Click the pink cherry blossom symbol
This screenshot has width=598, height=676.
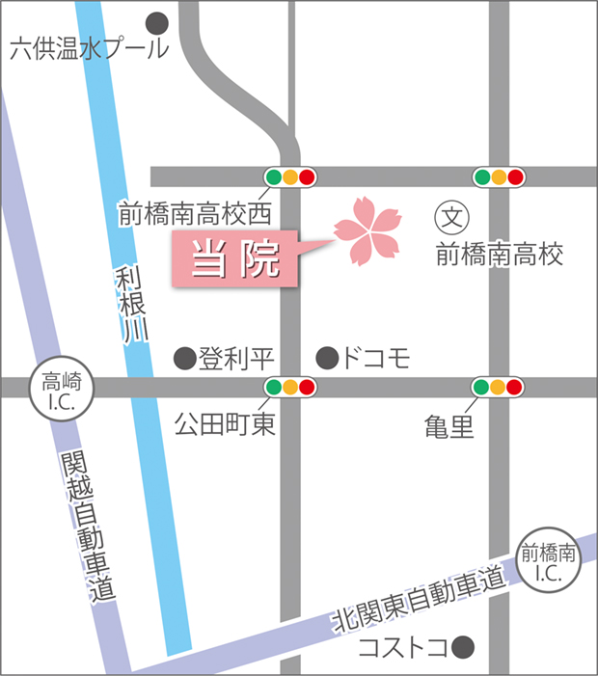367,230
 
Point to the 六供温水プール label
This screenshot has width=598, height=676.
88,49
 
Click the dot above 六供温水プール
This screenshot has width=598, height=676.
155,22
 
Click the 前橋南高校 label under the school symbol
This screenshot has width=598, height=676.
499,255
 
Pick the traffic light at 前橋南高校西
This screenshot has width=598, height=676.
290,177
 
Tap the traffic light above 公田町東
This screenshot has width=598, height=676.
290,388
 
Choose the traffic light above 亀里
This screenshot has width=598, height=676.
497,388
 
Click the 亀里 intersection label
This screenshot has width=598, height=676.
449,425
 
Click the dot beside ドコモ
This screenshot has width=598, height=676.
328,359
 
